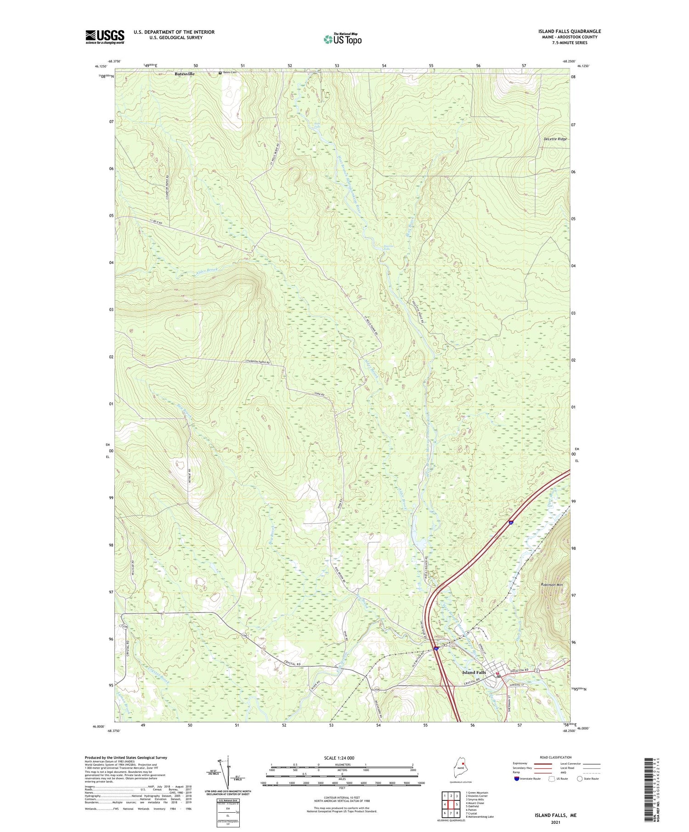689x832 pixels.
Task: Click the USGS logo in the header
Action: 105,37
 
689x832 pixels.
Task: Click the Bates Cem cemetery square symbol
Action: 220,73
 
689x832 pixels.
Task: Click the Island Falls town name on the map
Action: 474,672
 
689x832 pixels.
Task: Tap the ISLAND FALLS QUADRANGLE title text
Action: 570,31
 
